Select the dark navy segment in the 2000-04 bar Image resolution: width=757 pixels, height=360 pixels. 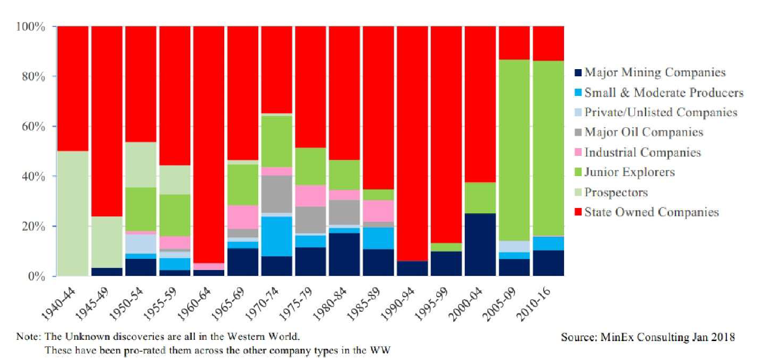click(481, 245)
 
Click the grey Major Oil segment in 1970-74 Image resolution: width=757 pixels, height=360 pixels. click(277, 194)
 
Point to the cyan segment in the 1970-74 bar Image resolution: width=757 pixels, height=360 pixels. click(277, 236)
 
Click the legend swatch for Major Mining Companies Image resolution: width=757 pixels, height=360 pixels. click(577, 73)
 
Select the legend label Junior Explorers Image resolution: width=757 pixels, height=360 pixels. click(629, 172)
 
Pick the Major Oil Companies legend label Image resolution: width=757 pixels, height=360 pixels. click(644, 132)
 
